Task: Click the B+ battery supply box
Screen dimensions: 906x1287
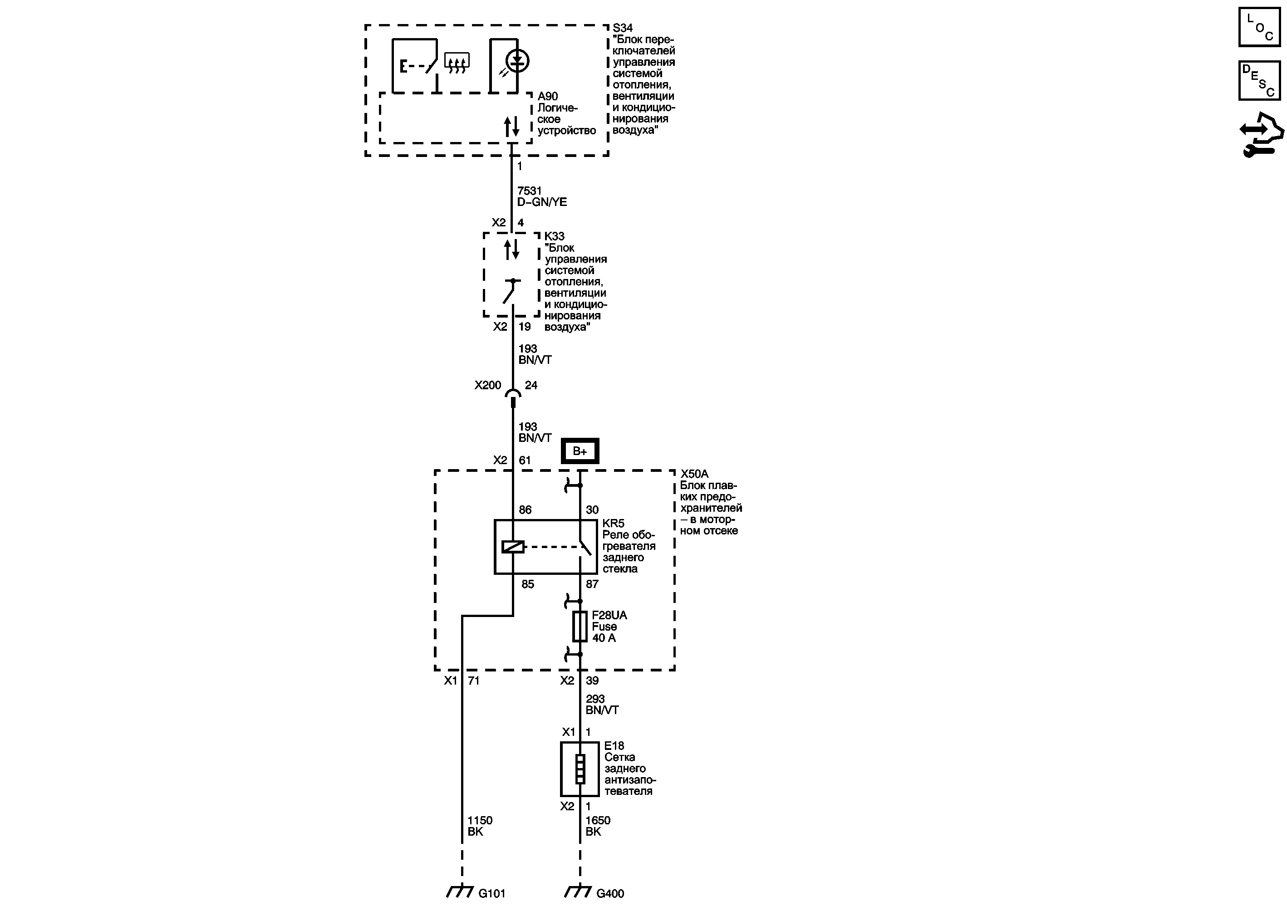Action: (580, 451)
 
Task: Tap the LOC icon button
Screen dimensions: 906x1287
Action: (1259, 27)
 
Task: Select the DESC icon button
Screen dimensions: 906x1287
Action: (1259, 81)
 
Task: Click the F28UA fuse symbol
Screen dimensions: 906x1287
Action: (580, 627)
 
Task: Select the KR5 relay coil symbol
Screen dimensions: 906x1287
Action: (513, 546)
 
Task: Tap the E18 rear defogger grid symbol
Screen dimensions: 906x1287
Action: (580, 769)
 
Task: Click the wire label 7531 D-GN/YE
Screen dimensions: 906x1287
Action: (541, 196)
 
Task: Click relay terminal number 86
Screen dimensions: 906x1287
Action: (525, 510)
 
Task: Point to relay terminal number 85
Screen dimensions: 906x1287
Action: (527, 584)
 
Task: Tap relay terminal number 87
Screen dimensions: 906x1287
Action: (592, 584)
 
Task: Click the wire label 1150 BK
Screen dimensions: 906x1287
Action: (480, 826)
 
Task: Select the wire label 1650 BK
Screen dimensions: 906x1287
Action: (598, 826)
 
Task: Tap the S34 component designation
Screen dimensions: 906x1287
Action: (622, 28)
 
